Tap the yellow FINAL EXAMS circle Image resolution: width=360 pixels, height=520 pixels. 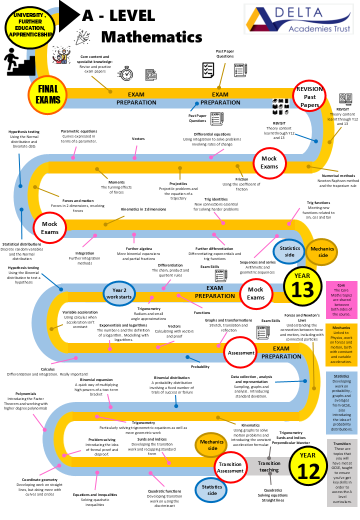48,93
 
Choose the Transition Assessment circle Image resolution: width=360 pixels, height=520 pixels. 230,467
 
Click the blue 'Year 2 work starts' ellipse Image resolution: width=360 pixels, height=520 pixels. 119,293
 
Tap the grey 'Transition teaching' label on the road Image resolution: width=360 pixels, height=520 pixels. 269,466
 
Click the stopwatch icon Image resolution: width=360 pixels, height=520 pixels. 125,73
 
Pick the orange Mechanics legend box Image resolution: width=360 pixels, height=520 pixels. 341,345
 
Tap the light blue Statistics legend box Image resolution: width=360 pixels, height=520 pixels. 341,401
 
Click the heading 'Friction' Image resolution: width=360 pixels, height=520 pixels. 241,179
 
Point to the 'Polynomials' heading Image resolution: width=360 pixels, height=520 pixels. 26,393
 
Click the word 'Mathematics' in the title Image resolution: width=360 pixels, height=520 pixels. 151,37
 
